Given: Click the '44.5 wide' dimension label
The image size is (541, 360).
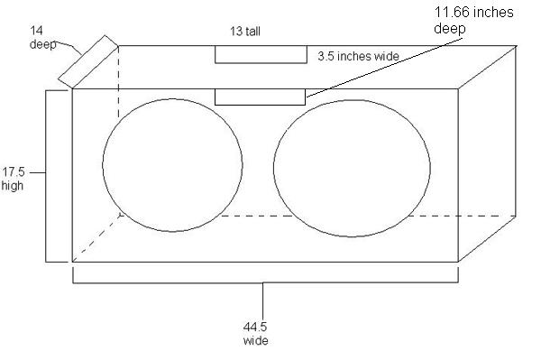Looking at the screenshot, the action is (255, 334).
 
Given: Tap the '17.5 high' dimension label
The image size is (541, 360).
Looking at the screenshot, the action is (14, 179).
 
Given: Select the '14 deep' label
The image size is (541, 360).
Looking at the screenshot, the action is (42, 37).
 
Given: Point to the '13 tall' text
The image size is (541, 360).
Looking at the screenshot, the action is (245, 32).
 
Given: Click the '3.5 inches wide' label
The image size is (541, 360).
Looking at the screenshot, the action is (358, 56).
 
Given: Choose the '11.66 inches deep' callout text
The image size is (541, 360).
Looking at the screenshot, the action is (473, 20).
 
